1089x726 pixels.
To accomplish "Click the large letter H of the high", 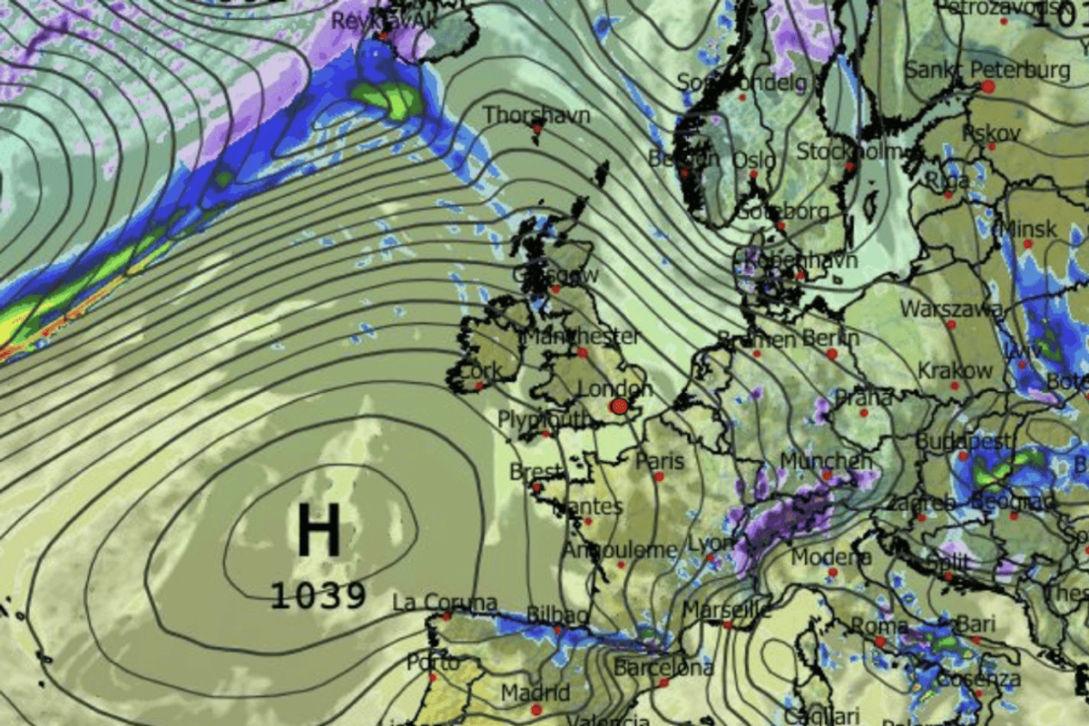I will click(319, 530).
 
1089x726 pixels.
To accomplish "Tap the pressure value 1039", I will click(319, 596).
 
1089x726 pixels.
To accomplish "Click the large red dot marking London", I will click(620, 406).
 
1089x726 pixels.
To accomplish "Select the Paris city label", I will click(660, 460).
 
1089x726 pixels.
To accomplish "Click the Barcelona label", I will click(662, 668).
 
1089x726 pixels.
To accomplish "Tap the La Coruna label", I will click(445, 603).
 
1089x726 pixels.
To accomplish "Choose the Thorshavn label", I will click(536, 115).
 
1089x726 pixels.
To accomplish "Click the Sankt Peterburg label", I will click(987, 70).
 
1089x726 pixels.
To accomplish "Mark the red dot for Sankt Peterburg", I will click(987, 86).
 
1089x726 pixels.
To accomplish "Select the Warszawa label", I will click(951, 309).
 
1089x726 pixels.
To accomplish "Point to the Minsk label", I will click(1029, 229).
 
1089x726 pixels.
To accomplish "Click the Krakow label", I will click(956, 370).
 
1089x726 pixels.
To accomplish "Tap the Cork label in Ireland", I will click(478, 372).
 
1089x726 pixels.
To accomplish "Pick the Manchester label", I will click(581, 337).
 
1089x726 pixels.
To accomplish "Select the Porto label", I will click(432, 662).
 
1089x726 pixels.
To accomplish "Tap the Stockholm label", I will click(848, 152).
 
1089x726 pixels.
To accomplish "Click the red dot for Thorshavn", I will click(537, 129).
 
